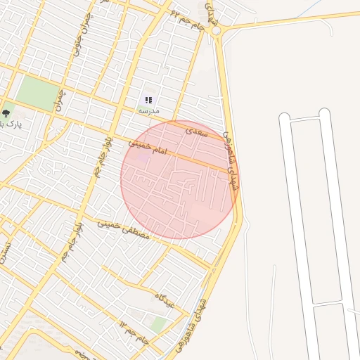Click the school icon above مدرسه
(x=148, y=101)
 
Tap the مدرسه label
(x=148, y=111)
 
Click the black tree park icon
(x=6, y=112)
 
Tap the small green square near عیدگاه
(x=160, y=324)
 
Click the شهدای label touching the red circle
(x=230, y=158)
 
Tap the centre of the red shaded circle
(x=178, y=179)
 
